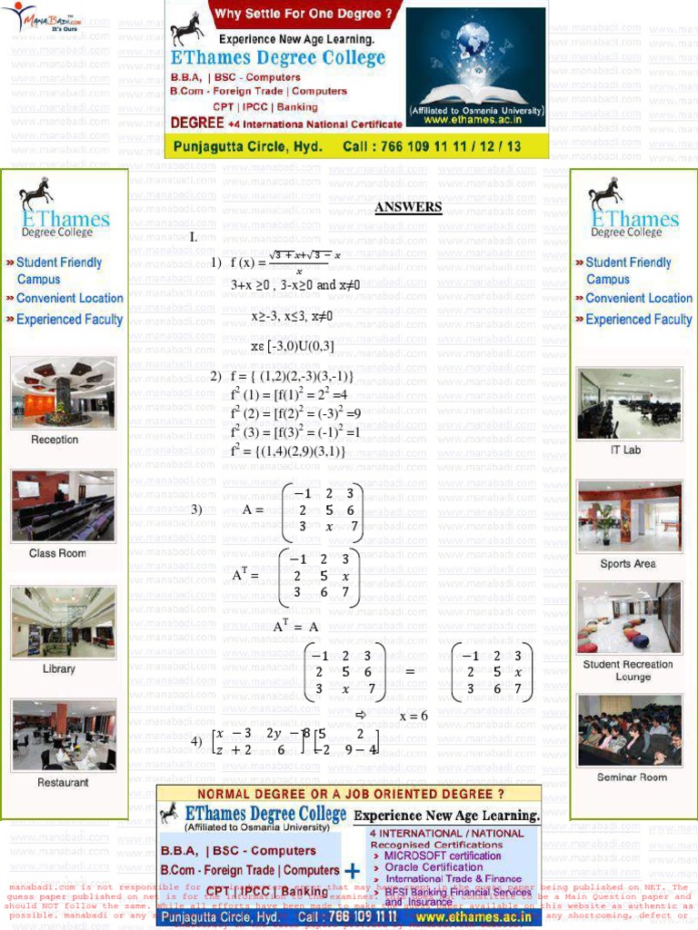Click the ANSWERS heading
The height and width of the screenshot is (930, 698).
[x=408, y=207]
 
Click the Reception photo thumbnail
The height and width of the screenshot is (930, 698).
[x=63, y=391]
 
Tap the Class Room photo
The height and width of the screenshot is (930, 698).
[x=63, y=505]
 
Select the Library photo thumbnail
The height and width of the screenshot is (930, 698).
[x=63, y=622]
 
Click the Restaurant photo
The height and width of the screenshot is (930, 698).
[x=63, y=735]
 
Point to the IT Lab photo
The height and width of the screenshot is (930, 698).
[x=629, y=404]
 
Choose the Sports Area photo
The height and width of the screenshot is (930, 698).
[x=629, y=517]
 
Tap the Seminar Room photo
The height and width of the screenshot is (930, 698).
[x=629, y=730]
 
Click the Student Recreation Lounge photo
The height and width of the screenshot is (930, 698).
[x=629, y=618]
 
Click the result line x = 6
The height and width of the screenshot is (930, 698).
[x=413, y=716]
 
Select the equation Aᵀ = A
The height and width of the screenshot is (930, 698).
[x=295, y=627]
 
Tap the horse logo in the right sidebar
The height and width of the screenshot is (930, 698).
[x=605, y=193]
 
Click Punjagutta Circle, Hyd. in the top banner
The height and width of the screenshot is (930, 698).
[x=248, y=146]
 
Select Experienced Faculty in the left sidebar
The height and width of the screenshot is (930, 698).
[x=69, y=320]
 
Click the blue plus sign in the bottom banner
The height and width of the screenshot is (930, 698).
[x=353, y=870]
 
